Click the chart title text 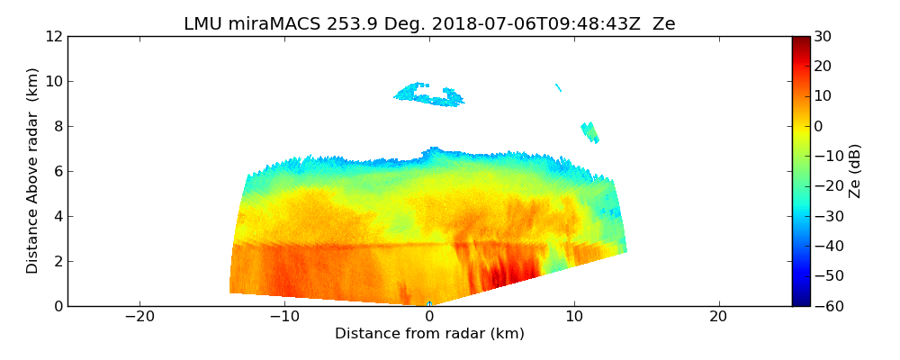point(429,24)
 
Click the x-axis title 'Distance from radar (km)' point(429,334)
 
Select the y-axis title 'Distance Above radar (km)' point(33,171)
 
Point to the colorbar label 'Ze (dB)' point(855,171)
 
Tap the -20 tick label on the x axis point(139,317)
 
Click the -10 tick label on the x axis point(284,317)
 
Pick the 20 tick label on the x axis point(718,317)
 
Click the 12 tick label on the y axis point(52,36)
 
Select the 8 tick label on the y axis point(57,126)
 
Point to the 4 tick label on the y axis point(57,216)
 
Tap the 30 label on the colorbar point(823,36)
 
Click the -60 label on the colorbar point(825,306)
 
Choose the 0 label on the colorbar point(819,126)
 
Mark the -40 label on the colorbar point(825,246)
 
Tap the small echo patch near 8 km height point(590,132)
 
